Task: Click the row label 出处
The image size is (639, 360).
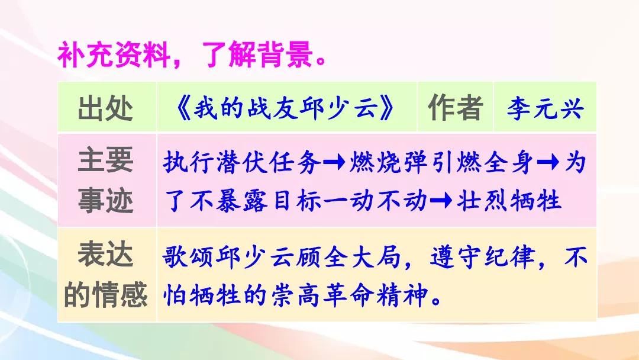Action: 105,108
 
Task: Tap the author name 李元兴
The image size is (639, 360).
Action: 545,108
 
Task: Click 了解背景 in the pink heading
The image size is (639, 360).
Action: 257,55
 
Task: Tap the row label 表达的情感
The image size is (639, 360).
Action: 105,275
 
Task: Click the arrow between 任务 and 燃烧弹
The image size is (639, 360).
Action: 334,162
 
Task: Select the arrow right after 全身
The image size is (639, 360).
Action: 548,162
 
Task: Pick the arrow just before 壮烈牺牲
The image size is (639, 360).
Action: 441,200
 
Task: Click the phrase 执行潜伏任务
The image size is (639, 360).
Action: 242,162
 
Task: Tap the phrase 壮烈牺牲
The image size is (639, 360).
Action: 509,200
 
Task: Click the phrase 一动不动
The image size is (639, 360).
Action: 376,200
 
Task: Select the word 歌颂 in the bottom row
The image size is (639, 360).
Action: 188,257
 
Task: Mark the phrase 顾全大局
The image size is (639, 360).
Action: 348,257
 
